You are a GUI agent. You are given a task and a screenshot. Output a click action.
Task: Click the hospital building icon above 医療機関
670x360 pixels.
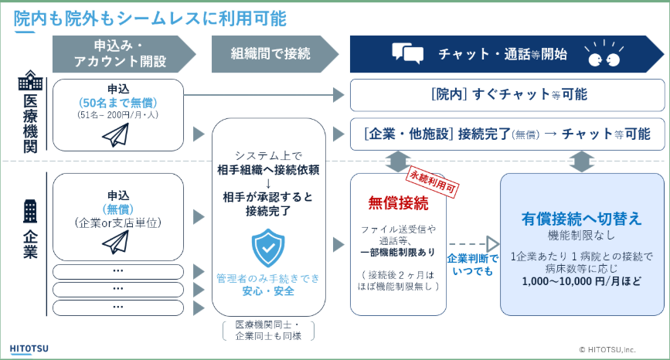(30, 80)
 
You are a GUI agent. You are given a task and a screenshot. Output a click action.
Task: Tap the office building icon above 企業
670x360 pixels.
(30, 210)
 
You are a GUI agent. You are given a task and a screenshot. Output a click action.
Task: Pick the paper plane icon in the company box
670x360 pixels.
(117, 242)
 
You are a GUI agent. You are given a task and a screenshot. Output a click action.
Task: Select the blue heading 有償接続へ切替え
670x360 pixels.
(581, 219)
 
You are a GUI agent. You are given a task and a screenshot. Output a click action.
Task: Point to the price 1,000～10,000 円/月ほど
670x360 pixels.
(581, 282)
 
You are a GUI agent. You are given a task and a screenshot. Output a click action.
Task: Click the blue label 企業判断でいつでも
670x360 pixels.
(473, 264)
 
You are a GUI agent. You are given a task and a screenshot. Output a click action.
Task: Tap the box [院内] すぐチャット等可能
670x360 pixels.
(508, 94)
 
